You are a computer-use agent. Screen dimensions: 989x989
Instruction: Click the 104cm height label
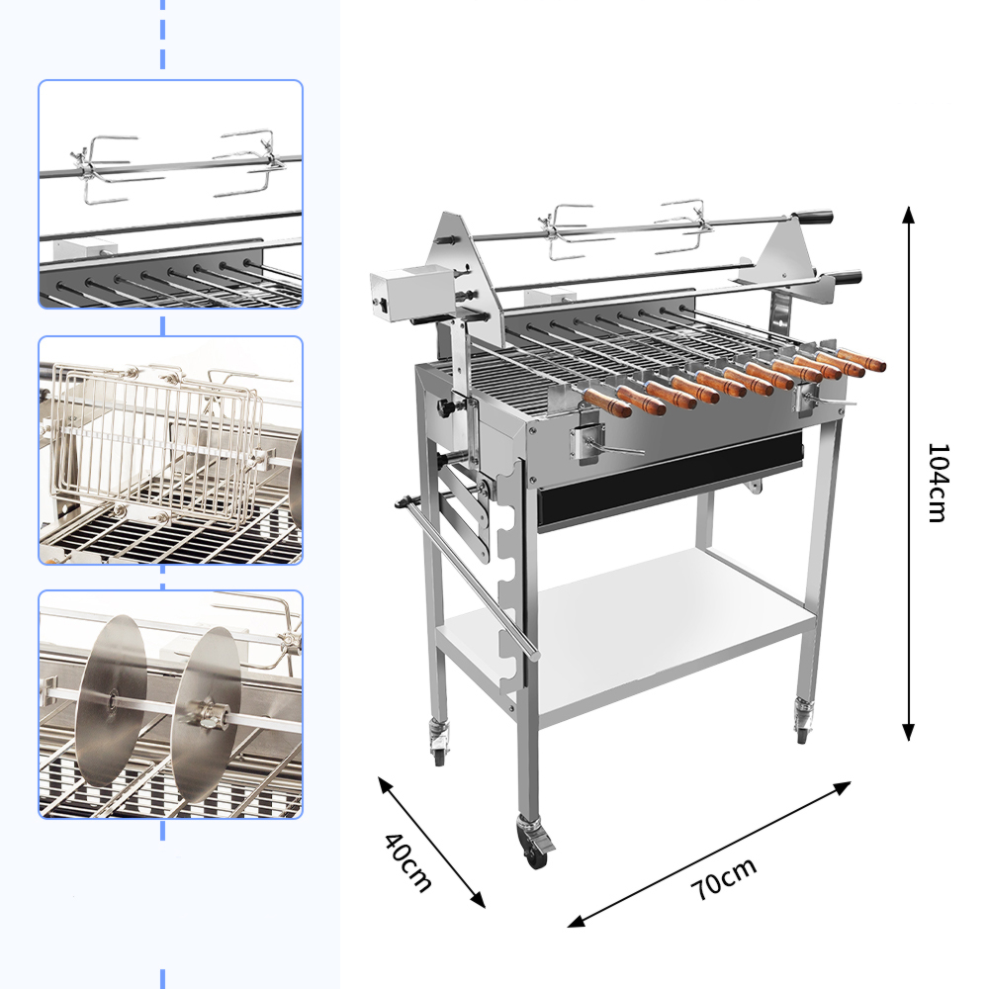[938, 483]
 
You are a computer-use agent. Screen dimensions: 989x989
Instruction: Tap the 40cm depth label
[408, 862]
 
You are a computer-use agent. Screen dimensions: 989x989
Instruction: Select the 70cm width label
[724, 878]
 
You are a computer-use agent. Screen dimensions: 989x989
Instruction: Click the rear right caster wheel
[802, 721]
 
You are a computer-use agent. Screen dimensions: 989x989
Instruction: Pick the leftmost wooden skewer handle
[607, 404]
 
